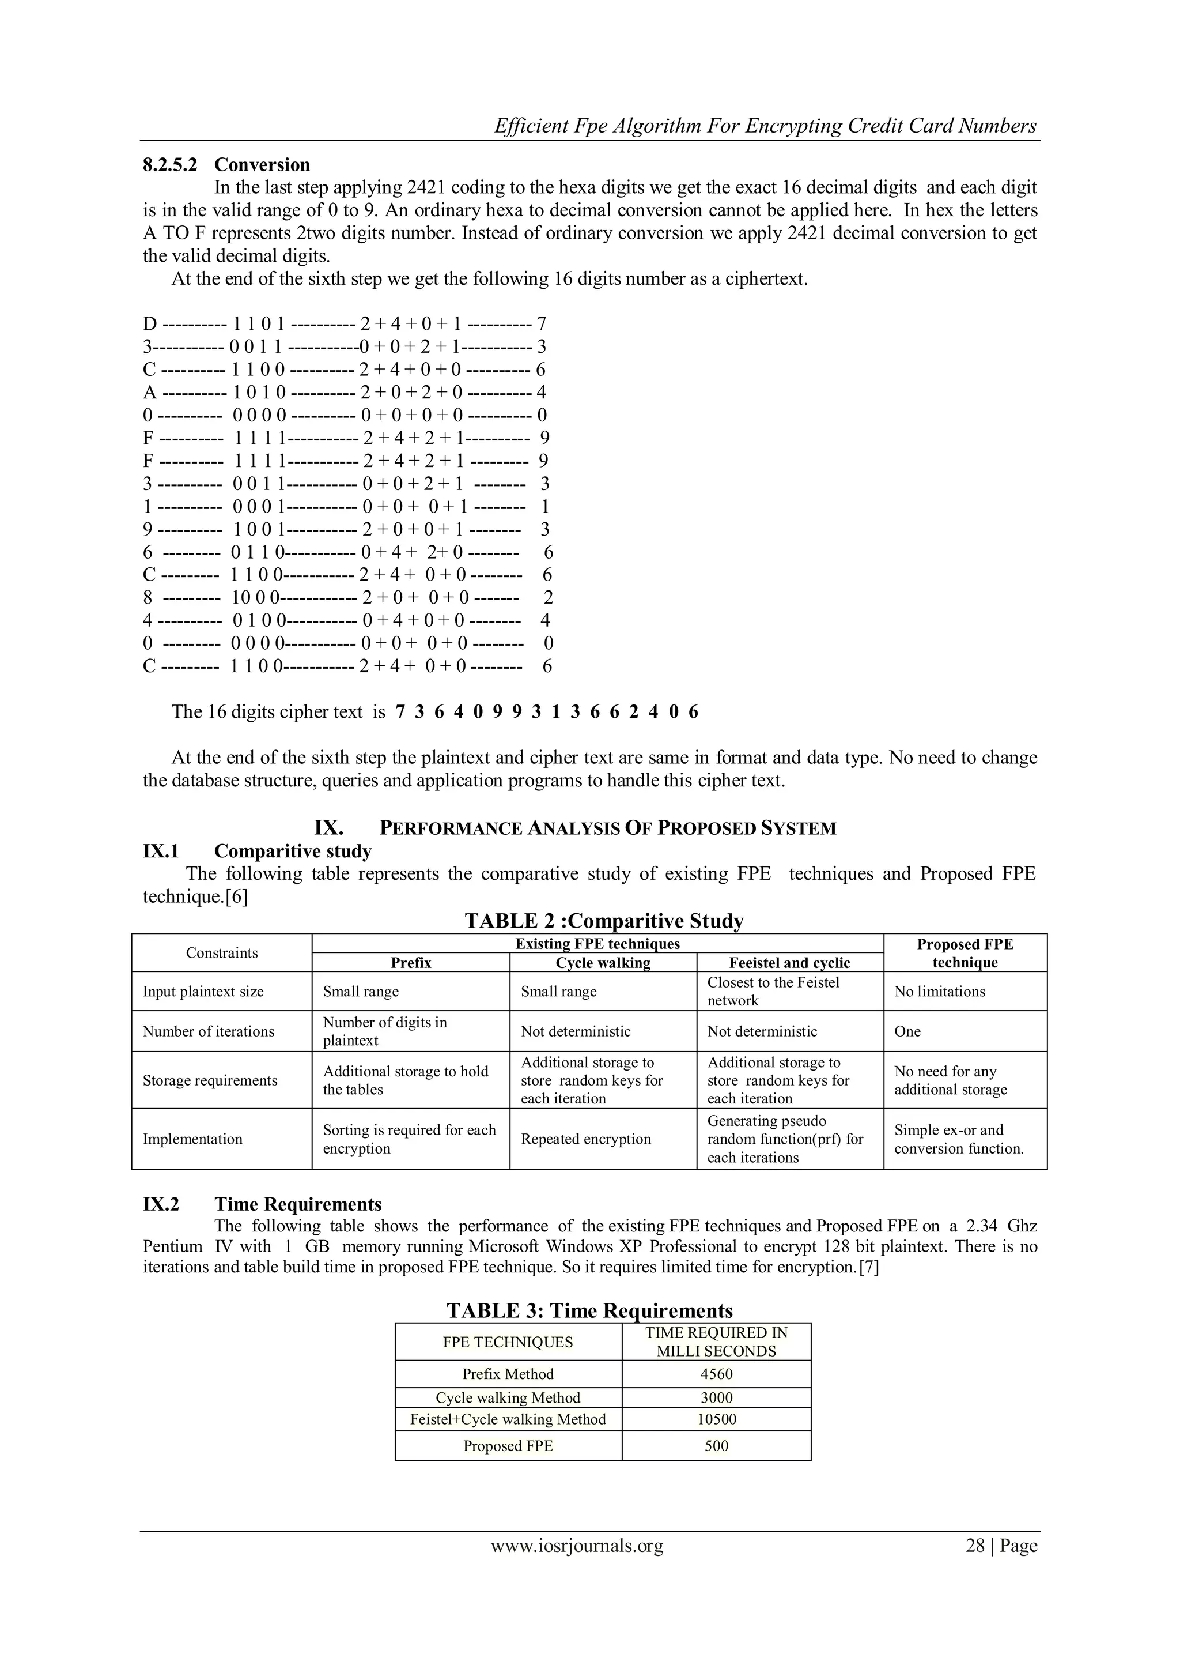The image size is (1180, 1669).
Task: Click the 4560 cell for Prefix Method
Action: (716, 1374)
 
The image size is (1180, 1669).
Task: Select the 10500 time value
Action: (716, 1419)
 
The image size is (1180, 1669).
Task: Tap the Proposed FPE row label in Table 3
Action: (508, 1446)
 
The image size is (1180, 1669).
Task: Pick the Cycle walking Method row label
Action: (508, 1397)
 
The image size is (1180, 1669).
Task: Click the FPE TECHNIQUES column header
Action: (508, 1342)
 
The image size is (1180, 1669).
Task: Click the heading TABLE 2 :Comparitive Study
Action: (604, 921)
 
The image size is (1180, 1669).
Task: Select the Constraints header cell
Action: (222, 952)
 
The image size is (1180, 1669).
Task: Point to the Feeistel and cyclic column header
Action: (789, 962)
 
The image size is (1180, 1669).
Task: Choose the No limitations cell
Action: (940, 992)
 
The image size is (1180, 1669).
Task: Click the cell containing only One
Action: (907, 1031)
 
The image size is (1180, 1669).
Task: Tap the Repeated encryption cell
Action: (585, 1139)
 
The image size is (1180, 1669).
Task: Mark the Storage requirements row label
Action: (210, 1080)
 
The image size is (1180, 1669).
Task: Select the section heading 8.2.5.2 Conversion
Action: (226, 164)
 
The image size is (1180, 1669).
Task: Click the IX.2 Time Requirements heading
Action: (262, 1204)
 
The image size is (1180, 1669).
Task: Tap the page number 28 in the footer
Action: (974, 1546)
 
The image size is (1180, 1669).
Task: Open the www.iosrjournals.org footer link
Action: (577, 1546)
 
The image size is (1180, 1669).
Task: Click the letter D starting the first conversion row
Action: (150, 324)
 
